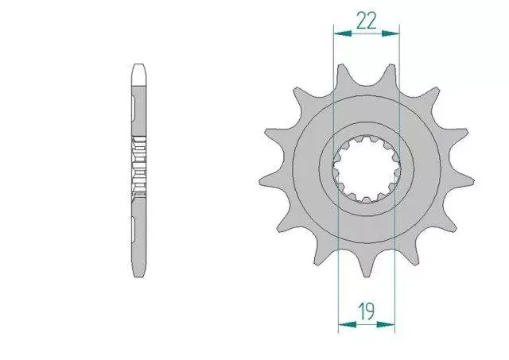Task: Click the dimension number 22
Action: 366,21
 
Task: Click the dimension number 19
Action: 366,311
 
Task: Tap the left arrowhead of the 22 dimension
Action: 343,33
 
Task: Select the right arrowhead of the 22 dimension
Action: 390,33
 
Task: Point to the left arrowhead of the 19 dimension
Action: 347,324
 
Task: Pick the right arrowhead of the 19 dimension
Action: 386,324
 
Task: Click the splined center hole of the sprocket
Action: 367,169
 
